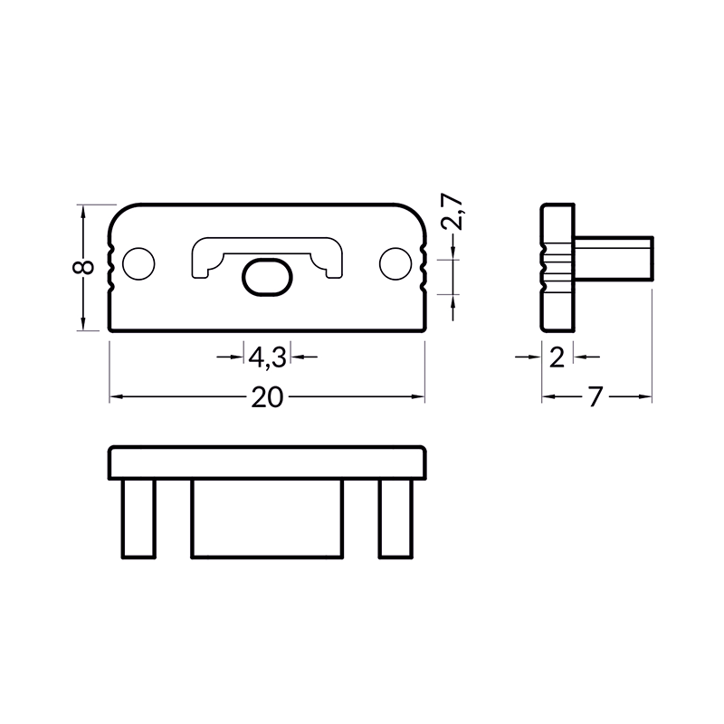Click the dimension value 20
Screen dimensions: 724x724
tap(267, 397)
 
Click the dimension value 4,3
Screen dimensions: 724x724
tap(267, 357)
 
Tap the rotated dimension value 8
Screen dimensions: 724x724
tap(83, 267)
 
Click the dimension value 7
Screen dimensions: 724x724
tap(595, 397)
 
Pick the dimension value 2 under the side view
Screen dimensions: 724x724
tap(557, 357)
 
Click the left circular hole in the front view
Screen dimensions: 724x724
tap(138, 263)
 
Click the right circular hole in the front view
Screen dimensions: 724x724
tap(395, 263)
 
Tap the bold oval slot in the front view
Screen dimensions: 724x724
tap(267, 277)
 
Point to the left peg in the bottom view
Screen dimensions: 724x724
tap(138, 519)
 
